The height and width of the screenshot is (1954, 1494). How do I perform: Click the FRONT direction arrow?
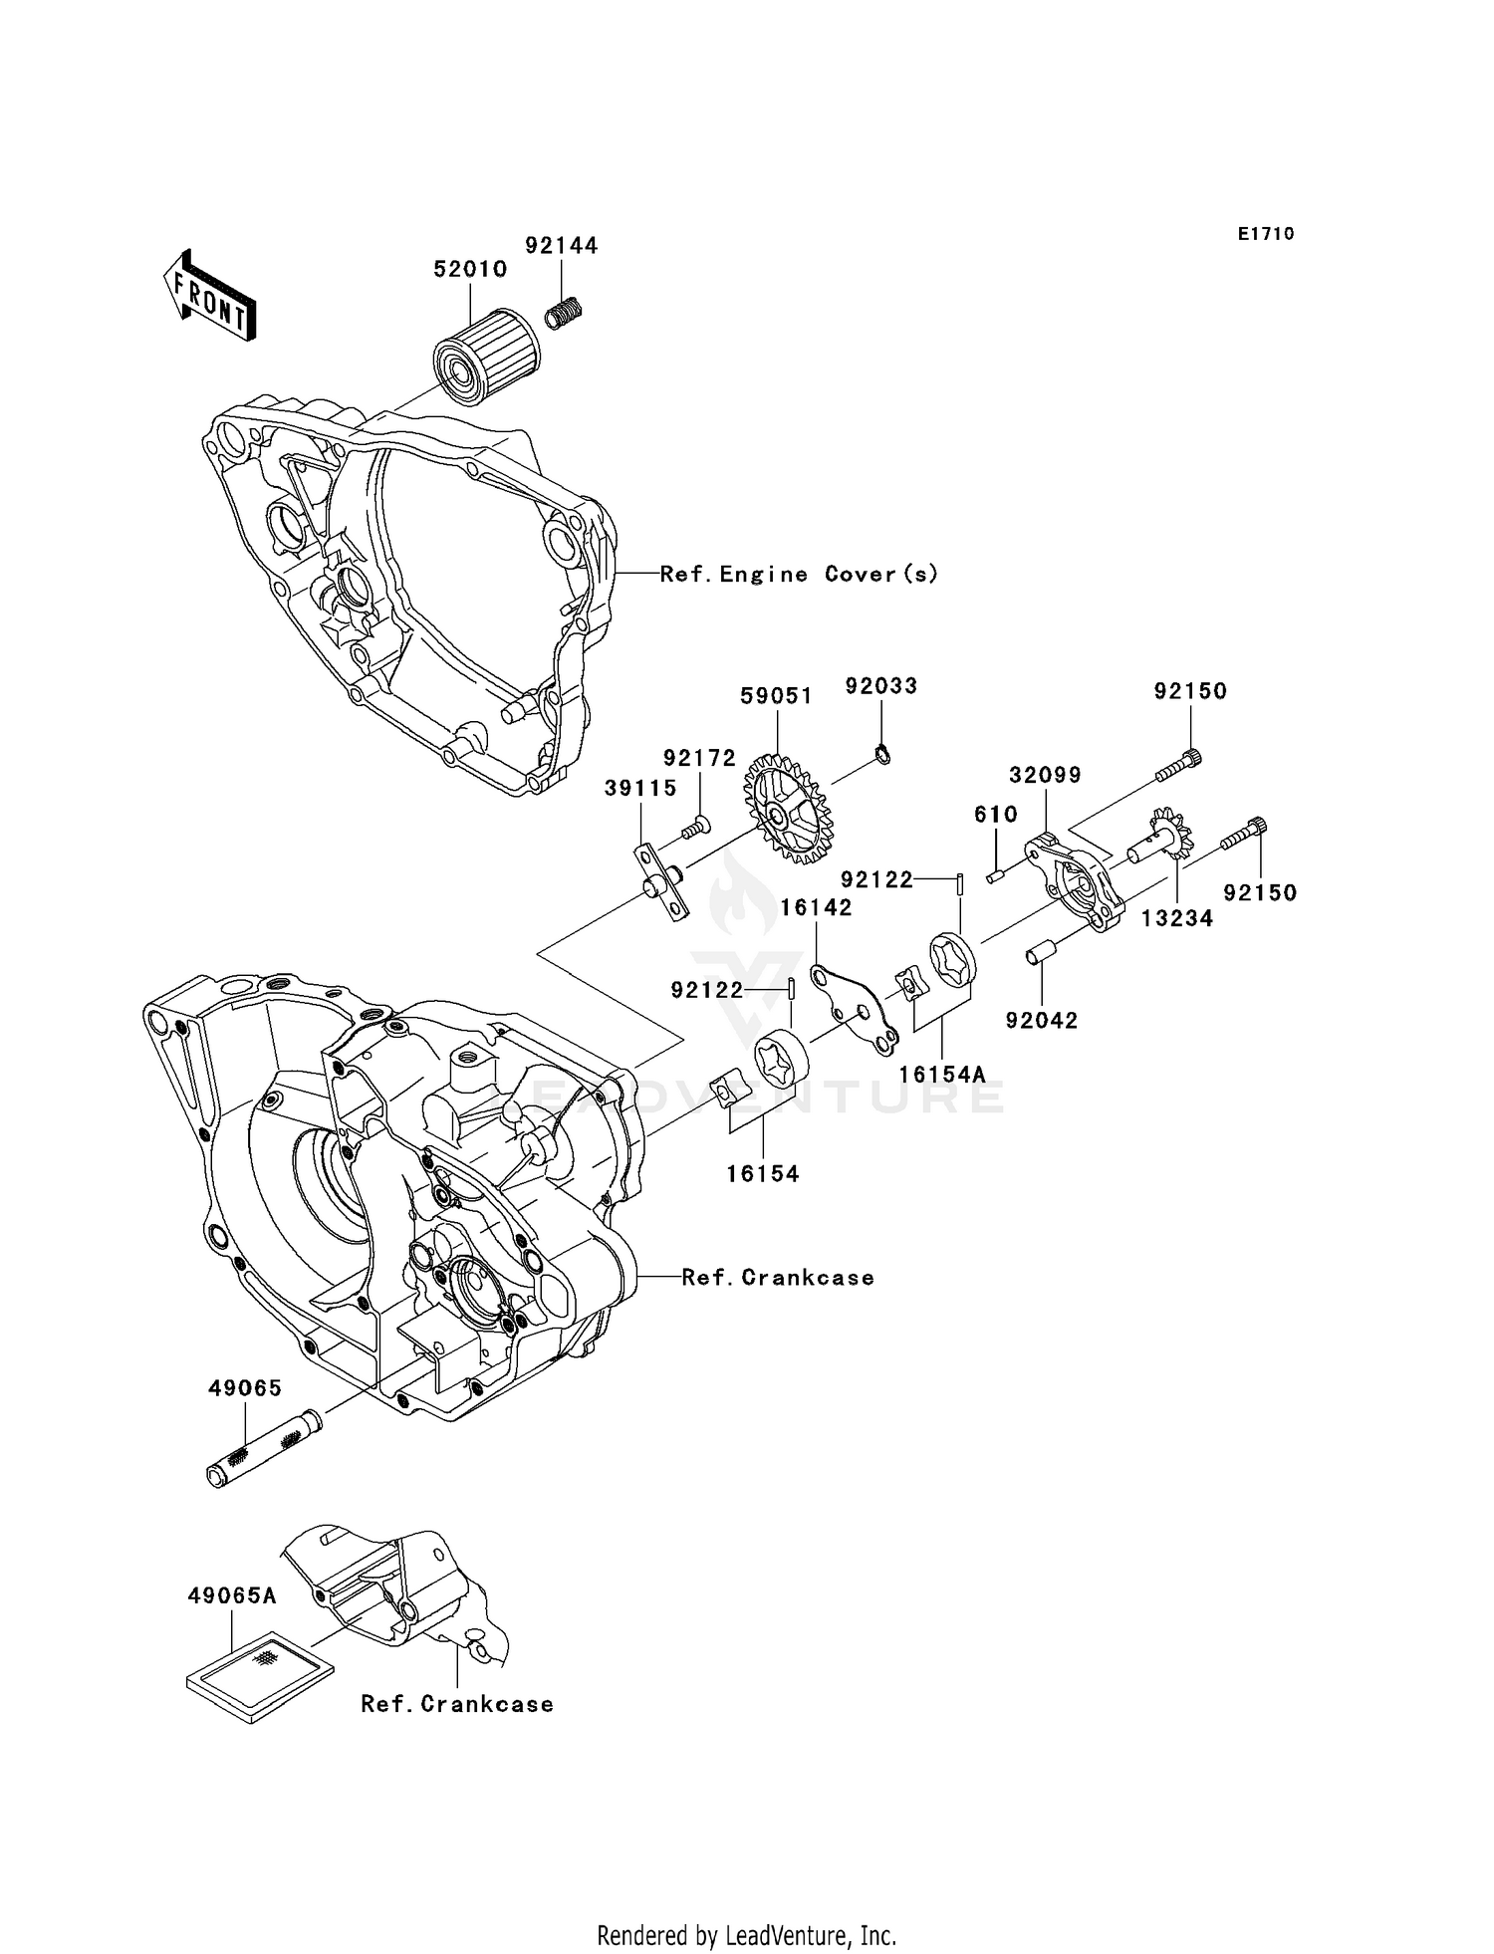click(209, 297)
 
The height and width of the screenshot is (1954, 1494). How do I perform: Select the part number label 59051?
click(776, 696)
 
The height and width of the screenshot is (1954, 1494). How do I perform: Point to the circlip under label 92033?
click(882, 755)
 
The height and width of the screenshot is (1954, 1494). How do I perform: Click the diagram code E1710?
click(1265, 234)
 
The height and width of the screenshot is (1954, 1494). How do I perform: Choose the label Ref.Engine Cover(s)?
click(799, 575)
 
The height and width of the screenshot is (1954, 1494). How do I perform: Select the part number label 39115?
click(640, 789)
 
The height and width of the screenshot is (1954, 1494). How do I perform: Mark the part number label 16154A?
click(941, 1075)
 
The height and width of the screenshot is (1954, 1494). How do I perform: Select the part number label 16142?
click(816, 907)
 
